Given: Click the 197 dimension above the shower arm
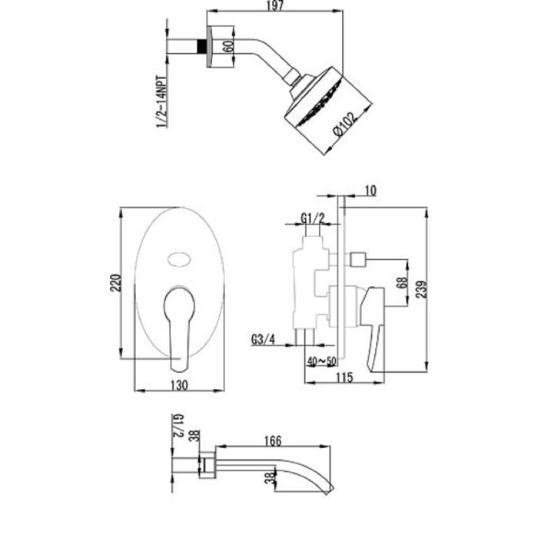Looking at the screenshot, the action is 275,6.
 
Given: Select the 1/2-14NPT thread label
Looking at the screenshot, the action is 162,102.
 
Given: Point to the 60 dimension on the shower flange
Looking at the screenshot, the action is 228,46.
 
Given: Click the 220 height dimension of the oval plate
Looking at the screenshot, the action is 115,283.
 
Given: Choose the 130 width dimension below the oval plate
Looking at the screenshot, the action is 179,385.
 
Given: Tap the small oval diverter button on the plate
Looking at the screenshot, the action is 179,260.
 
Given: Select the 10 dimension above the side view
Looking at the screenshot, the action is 370,191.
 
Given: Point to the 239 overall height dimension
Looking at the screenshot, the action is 422,289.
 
